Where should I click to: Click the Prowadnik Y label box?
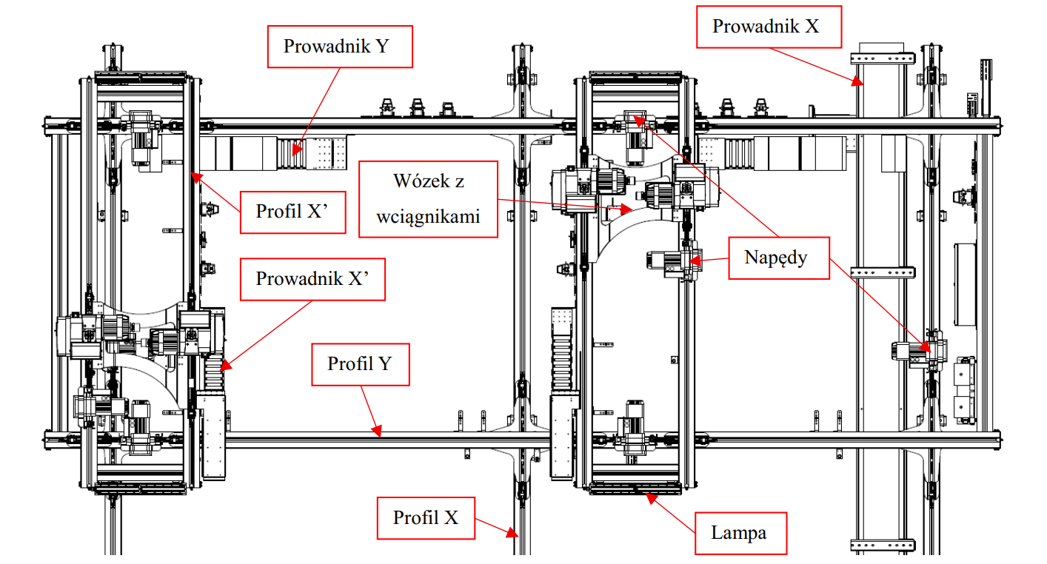point(336,47)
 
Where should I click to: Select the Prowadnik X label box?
point(766,27)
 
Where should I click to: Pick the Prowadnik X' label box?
point(312,279)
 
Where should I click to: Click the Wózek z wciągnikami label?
point(428,198)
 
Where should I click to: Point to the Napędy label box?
point(777,258)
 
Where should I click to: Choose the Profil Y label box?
point(360,363)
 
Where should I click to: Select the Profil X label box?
point(425,517)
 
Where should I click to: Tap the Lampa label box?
point(738,533)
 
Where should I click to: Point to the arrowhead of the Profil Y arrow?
point(378,431)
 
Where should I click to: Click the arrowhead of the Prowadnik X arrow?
point(860,81)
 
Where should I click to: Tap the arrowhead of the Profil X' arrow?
point(193,175)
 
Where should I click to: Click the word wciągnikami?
point(428,217)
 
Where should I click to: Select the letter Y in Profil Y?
point(384,363)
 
